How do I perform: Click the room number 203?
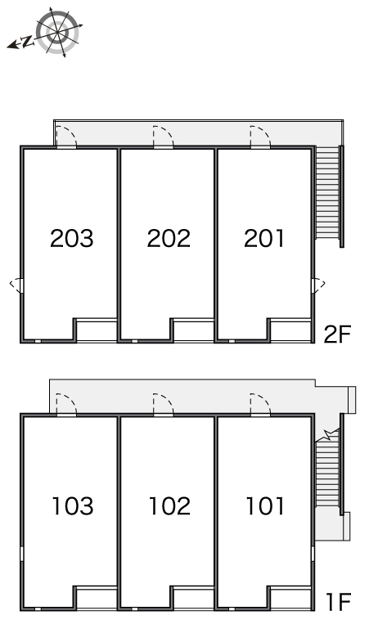tap(72, 238)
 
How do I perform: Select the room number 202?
tap(169, 238)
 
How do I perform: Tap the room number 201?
tap(264, 238)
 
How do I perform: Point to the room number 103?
tap(73, 506)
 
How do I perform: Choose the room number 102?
tap(169, 506)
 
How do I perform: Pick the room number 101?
tap(265, 506)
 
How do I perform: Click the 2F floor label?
tap(338, 334)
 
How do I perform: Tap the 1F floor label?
tap(338, 602)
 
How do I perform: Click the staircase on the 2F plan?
tap(327, 193)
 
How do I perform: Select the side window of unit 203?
tap(16, 285)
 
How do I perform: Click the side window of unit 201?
tap(318, 285)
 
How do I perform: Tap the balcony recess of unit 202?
tap(193, 330)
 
